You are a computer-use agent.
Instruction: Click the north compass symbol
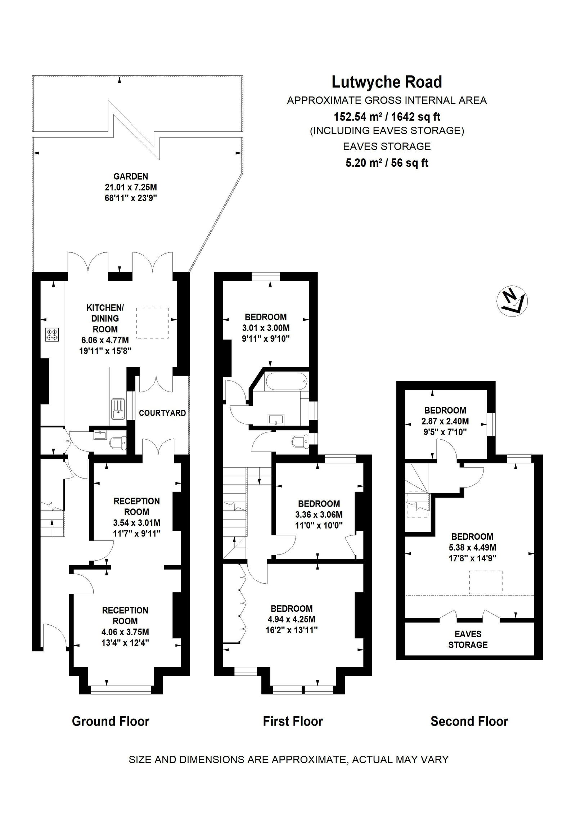(512, 301)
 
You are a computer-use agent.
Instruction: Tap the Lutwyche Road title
(387, 82)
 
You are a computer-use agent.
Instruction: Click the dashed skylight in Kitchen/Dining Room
(153, 323)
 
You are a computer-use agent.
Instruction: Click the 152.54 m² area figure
(387, 117)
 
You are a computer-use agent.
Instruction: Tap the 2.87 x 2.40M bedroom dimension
(445, 421)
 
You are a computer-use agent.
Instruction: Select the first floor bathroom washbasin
(276, 420)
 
